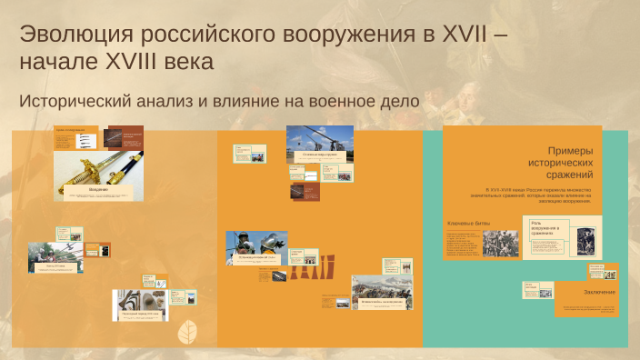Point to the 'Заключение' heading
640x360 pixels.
pyautogui.click(x=600, y=292)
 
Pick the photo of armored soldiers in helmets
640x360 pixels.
pyautogui.click(x=256, y=247)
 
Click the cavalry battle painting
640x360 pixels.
pyautogui.click(x=381, y=292)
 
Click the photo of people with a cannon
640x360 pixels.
pyautogui.click(x=55, y=257)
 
